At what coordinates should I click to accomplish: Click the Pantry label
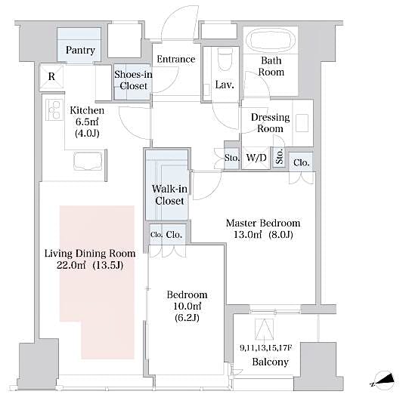(x=80, y=51)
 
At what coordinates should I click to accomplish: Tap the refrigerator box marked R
(x=51, y=76)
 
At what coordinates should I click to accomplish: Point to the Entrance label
(x=175, y=59)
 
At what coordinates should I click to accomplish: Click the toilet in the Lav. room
(x=225, y=60)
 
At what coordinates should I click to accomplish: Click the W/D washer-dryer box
(x=256, y=159)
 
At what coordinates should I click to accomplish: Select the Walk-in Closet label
(x=169, y=195)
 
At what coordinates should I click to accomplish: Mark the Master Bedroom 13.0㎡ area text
(x=264, y=235)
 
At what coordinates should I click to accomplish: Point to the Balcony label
(x=270, y=362)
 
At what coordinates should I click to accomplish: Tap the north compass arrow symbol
(x=384, y=381)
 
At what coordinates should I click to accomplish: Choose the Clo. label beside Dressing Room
(x=301, y=162)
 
